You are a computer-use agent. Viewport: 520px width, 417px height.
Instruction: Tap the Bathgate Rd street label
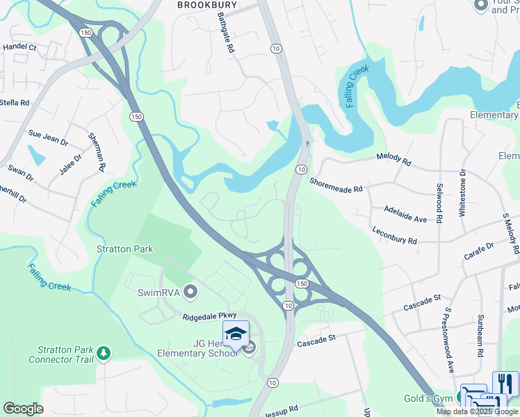click(227, 35)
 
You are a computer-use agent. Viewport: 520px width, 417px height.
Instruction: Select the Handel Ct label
click(19, 47)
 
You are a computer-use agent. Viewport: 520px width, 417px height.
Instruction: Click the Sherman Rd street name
click(96, 152)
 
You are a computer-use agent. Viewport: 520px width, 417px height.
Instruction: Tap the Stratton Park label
click(125, 249)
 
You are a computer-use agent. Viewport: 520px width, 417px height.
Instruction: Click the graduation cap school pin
click(236, 334)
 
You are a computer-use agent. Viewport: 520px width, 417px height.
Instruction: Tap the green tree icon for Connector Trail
click(104, 354)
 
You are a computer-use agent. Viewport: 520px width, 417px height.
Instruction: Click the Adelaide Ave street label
click(405, 213)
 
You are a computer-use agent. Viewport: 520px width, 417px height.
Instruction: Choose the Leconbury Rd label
click(394, 236)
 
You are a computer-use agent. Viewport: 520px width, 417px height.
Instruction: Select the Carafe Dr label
click(478, 252)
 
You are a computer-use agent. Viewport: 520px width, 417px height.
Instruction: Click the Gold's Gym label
click(428, 398)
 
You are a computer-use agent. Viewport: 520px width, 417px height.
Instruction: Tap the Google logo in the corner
click(24, 409)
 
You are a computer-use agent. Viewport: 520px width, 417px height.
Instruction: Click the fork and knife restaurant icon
click(505, 384)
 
